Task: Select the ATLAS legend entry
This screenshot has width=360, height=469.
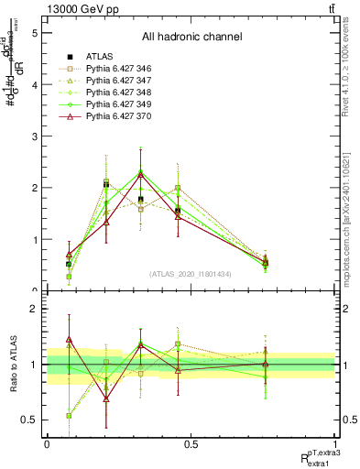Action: tap(95, 56)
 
